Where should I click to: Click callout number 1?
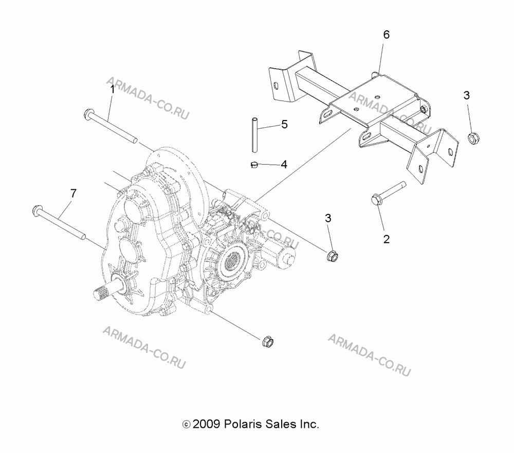[x=112, y=89]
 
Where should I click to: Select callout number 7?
[x=73, y=193]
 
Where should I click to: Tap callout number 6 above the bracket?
[x=386, y=34]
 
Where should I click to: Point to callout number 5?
[x=284, y=124]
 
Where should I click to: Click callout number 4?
[x=284, y=164]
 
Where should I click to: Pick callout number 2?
[x=387, y=239]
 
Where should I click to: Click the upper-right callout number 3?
[x=467, y=95]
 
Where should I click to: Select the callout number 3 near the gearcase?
[x=328, y=218]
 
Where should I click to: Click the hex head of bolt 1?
[x=89, y=114]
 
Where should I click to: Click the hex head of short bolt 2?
[x=377, y=200]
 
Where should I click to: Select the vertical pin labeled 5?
[x=254, y=135]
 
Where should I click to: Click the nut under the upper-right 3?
[x=473, y=138]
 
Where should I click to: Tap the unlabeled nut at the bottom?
[x=268, y=342]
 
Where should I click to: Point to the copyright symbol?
[x=186, y=425]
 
